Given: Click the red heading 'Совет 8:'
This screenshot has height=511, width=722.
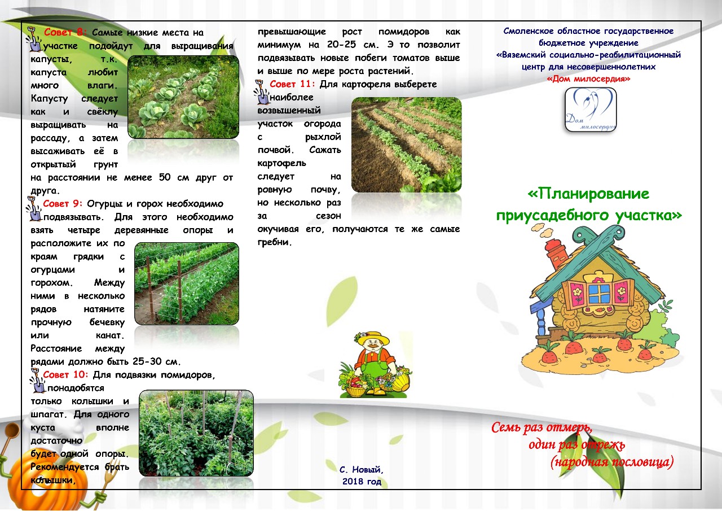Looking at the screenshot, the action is [x=65, y=32].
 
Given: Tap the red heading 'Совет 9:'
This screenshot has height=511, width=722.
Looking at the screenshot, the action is [x=63, y=204].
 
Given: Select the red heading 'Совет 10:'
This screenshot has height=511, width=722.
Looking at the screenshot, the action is [x=65, y=374].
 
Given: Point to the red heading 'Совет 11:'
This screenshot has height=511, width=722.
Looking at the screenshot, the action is [x=292, y=84].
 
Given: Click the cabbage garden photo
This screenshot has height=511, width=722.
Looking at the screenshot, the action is [x=183, y=97].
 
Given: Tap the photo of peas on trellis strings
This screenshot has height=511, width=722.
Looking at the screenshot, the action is [x=187, y=283].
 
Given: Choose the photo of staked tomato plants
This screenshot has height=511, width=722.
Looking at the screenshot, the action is [x=196, y=433].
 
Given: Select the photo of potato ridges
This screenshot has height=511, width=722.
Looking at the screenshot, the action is [x=407, y=145].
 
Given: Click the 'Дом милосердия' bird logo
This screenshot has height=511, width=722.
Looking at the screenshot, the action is [x=591, y=110].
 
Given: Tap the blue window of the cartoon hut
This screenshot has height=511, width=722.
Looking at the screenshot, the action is [x=599, y=294].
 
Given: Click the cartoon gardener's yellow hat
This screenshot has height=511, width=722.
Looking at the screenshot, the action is [x=372, y=337].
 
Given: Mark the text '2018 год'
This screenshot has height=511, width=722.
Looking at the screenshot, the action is [x=362, y=482].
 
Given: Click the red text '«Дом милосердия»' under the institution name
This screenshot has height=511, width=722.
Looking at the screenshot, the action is [x=588, y=79].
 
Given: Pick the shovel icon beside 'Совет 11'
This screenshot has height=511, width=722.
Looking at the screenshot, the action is [x=262, y=93].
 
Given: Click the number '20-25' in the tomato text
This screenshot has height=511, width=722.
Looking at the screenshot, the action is [x=341, y=45].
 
